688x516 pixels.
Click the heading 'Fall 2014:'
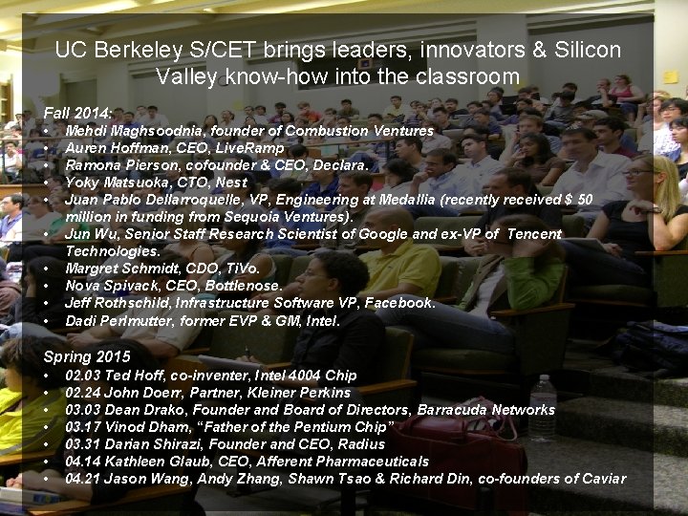tap(77, 112)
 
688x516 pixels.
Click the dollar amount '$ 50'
tap(579, 199)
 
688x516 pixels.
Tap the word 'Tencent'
tap(534, 233)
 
